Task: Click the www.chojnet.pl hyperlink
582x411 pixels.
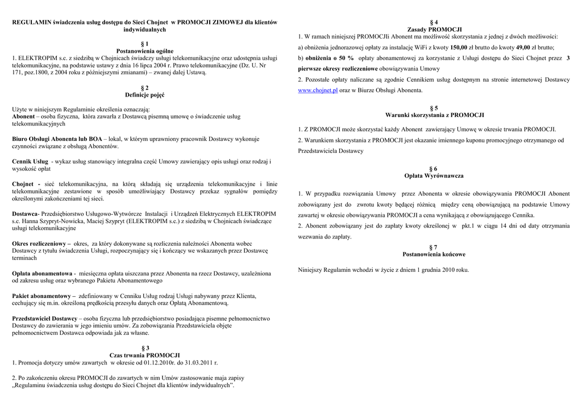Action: pos(318,90)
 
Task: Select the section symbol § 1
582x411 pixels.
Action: pos(144,44)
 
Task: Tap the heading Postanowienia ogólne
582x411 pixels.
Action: pos(144,51)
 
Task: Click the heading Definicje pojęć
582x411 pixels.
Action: pos(144,95)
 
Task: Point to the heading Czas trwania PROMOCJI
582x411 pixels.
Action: pos(144,355)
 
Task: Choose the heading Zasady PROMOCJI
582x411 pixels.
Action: pos(434,29)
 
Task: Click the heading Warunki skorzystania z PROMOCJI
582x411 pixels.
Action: pos(434,115)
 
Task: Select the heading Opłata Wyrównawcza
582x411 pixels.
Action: pos(434,176)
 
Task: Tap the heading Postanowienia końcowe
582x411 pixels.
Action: pos(434,254)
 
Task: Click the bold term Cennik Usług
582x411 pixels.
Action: pos(30,162)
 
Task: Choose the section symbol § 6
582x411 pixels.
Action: pos(434,169)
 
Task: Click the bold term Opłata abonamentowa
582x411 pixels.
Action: pos(42,273)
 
